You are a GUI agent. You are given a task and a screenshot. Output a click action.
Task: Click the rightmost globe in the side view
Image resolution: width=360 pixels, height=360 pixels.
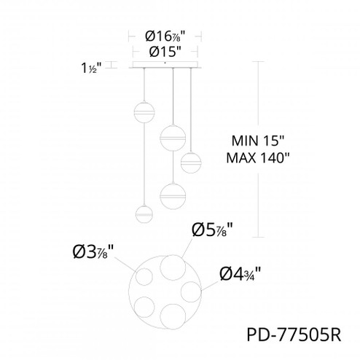click(191, 162)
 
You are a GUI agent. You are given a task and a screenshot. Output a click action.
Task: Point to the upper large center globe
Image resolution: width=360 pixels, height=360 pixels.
click(171, 136)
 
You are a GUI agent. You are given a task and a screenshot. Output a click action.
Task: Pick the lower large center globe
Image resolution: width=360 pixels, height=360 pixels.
click(171, 195)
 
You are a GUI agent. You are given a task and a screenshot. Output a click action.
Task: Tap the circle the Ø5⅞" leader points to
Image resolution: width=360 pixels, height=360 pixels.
click(173, 267)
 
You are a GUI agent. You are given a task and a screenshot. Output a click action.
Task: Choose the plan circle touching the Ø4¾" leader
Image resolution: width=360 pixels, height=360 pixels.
click(192, 291)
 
